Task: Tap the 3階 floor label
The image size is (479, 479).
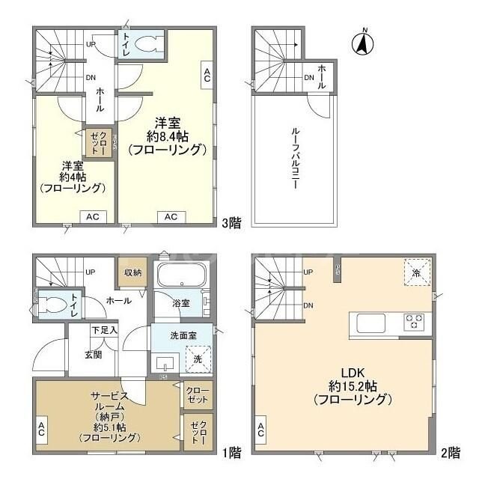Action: [x=232, y=222]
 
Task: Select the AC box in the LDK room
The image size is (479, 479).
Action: [x=261, y=430]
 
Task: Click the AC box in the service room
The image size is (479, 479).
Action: [x=40, y=430]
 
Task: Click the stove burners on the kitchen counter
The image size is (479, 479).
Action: [x=413, y=323]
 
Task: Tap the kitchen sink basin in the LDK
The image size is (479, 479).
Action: [x=370, y=323]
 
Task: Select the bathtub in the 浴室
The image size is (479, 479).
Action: [x=182, y=275]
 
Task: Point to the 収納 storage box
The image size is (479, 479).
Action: [x=132, y=273]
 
